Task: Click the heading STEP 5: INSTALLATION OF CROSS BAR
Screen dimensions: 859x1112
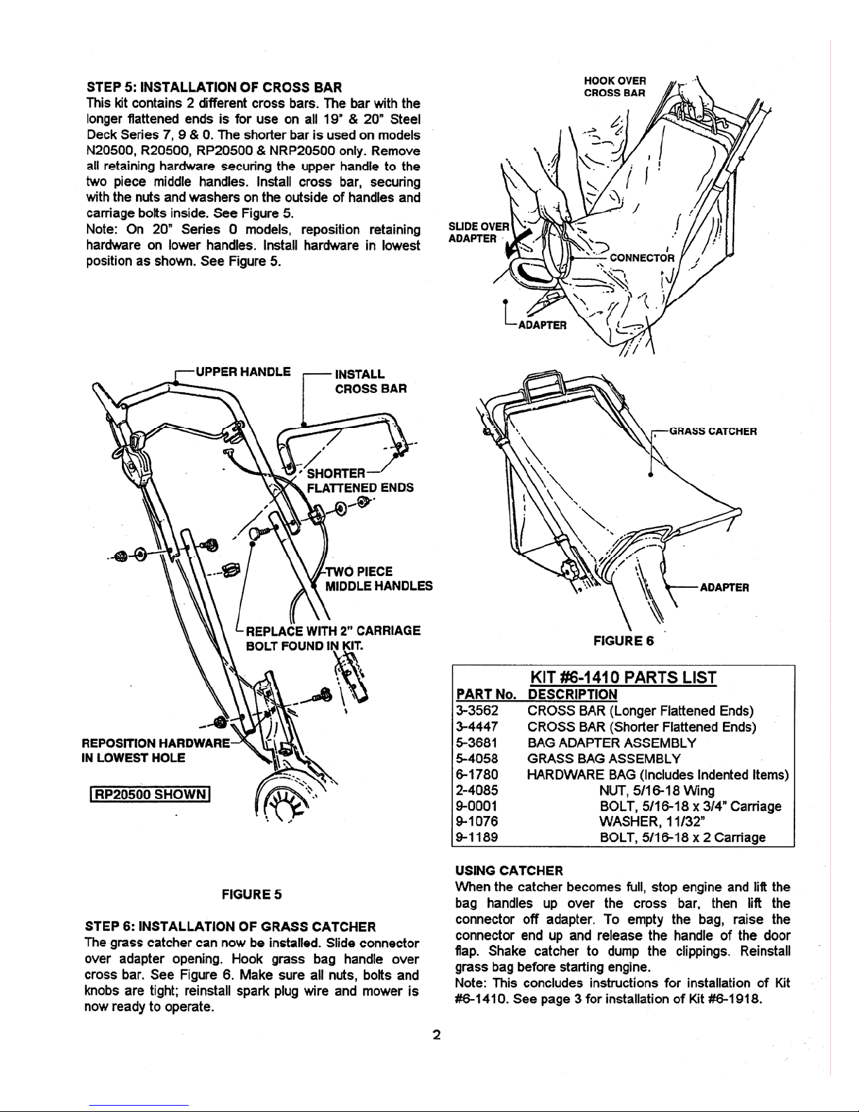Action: (215, 87)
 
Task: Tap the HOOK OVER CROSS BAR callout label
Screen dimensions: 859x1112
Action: (614, 87)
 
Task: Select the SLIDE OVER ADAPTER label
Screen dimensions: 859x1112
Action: (478, 232)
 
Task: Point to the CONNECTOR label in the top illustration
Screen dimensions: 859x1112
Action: (642, 258)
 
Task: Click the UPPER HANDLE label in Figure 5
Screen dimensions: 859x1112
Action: (243, 372)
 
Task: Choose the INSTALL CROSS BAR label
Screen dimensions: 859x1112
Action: (371, 381)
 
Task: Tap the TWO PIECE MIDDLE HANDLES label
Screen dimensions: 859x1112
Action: (379, 579)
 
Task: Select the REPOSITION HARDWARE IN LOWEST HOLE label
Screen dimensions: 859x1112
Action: (156, 750)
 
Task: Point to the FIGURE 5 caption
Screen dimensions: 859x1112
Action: (252, 895)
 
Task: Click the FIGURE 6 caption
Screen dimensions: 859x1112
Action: (623, 641)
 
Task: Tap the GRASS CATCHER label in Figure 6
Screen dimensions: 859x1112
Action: (713, 431)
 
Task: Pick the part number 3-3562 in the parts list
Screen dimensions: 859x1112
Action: (477, 711)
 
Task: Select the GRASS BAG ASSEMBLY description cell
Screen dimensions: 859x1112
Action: (604, 758)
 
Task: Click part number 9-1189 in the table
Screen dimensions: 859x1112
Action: (477, 837)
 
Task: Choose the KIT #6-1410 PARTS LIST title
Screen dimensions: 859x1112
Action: (623, 678)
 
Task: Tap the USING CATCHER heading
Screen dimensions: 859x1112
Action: (509, 871)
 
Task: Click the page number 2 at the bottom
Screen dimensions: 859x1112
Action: (437, 1036)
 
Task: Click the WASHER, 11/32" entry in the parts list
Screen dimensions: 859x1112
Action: (652, 822)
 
